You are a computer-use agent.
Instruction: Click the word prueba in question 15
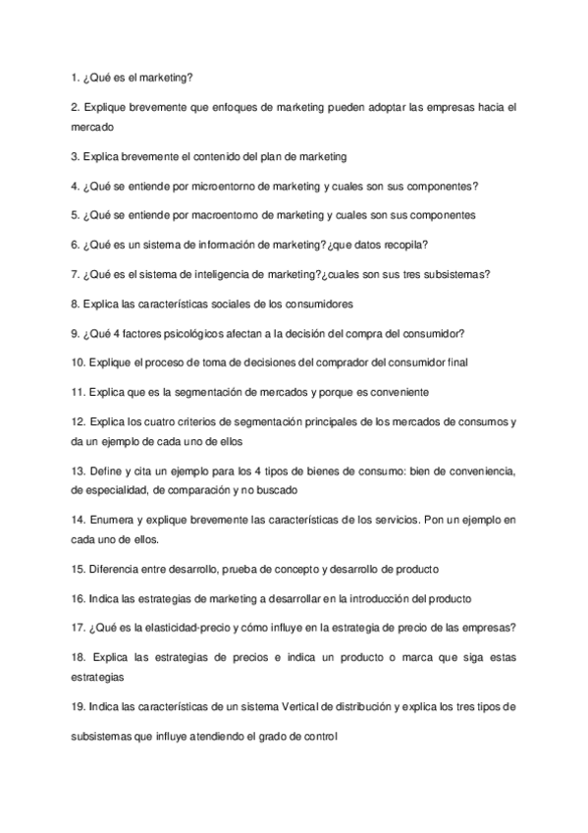pos(249,569)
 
